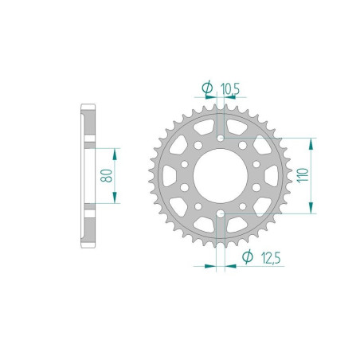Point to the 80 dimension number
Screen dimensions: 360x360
click(x=104, y=175)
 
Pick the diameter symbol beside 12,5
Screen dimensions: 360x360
click(x=248, y=256)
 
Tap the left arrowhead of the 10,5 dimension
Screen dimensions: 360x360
click(x=213, y=98)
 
